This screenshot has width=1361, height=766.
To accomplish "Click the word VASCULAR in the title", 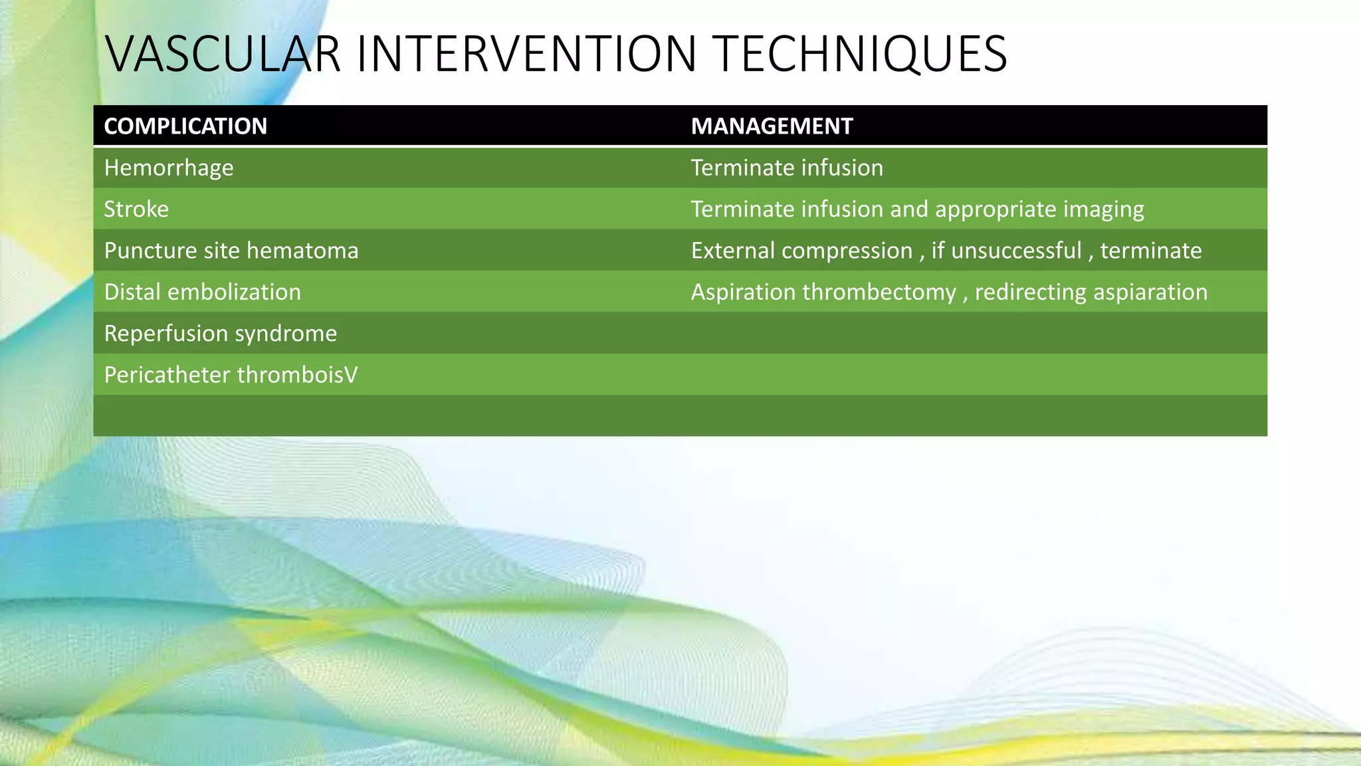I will (223, 54).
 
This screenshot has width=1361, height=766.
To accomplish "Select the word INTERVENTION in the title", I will (526, 54).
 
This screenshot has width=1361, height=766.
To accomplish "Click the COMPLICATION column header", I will (185, 126).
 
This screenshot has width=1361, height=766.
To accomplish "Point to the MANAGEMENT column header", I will (772, 126).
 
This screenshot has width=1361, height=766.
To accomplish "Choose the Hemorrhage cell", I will (169, 168).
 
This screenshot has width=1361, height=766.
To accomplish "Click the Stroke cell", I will (136, 209).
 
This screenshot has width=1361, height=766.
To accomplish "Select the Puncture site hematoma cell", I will (231, 251).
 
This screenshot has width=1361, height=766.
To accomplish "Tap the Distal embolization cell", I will (203, 292).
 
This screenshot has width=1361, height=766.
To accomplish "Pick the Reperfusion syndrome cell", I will (221, 333).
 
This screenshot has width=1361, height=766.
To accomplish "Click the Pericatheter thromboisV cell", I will (231, 375).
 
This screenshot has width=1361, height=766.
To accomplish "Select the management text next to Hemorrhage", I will (787, 168).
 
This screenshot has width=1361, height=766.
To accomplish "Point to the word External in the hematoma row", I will (732, 251).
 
